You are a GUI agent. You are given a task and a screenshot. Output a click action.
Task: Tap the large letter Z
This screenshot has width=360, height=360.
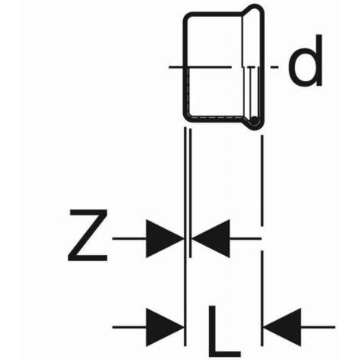click(x=87, y=235)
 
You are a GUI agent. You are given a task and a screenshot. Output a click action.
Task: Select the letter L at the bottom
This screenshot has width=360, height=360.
click(x=224, y=331)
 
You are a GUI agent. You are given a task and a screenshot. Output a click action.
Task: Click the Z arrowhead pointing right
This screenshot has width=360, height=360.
click(x=165, y=238)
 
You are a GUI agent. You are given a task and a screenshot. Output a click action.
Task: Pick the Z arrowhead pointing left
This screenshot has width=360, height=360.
click(x=211, y=238)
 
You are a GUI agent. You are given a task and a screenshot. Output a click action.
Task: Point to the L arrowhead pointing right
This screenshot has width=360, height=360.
click(x=165, y=327)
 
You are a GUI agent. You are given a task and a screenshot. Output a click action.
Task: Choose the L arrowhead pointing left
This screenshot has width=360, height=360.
click(x=283, y=327)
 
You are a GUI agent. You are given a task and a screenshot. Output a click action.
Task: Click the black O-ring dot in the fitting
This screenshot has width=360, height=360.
click(x=254, y=120)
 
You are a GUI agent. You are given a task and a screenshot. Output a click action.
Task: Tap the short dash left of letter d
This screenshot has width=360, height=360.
click(x=274, y=67)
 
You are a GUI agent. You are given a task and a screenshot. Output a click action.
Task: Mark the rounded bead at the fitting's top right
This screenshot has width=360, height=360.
click(x=254, y=7)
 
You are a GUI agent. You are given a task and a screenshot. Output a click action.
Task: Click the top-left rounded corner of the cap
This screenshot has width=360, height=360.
click(x=188, y=18)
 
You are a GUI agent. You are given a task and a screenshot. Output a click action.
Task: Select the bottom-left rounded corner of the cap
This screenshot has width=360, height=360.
click(x=189, y=118)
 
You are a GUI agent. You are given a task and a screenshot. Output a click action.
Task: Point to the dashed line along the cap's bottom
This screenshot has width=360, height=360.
click(x=217, y=118)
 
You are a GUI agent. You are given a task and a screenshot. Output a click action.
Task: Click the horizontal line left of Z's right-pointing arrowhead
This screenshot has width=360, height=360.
click(x=129, y=238)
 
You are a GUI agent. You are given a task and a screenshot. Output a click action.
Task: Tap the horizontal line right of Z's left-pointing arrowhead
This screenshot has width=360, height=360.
click(x=245, y=238)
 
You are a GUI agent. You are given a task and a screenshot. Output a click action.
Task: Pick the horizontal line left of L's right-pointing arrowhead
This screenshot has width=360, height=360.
click(x=129, y=327)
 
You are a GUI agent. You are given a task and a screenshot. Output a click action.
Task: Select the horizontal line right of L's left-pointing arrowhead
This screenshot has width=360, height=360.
click(x=318, y=327)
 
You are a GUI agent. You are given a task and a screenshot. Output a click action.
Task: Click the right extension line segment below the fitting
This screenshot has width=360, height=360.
click(x=262, y=181)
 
